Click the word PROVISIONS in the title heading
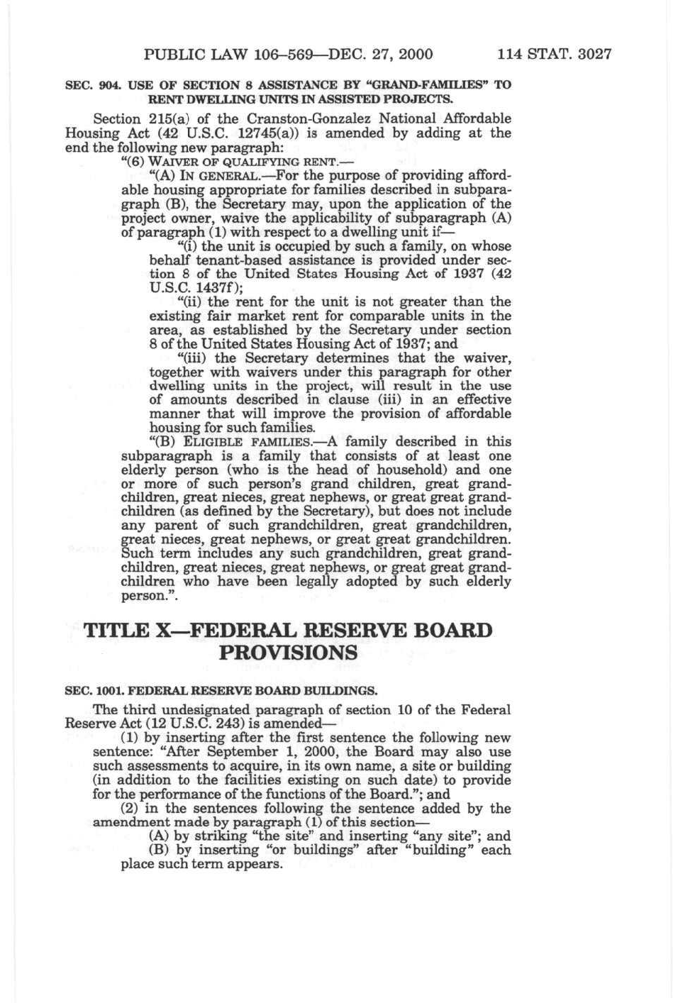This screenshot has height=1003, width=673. point(288,653)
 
